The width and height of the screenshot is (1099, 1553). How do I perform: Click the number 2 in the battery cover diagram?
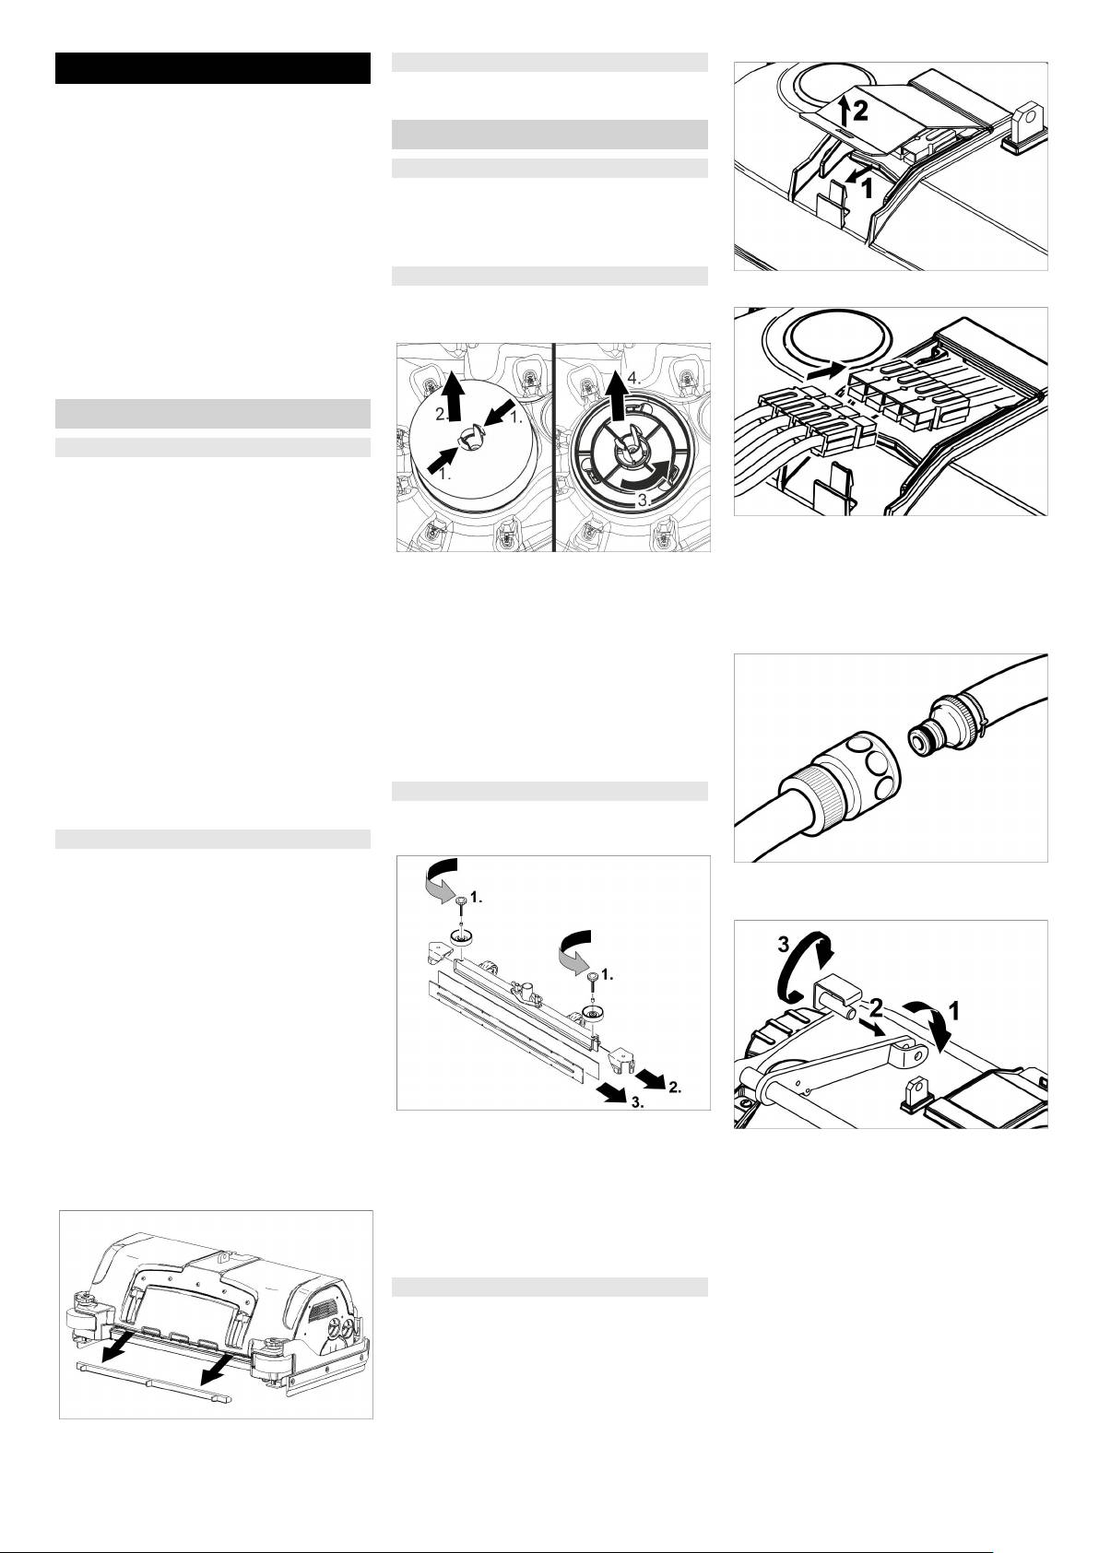click(860, 111)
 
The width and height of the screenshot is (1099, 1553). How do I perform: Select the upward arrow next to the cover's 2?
click(843, 111)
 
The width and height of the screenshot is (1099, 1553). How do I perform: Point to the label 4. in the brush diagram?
click(635, 379)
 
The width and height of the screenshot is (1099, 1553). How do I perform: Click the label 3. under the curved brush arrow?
click(645, 501)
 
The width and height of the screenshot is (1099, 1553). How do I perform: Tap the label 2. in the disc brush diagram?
click(443, 414)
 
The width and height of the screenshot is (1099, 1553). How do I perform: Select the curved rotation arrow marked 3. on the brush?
click(648, 476)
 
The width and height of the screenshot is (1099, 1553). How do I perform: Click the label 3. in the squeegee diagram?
click(636, 1104)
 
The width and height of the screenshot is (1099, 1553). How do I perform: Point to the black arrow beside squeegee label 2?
click(649, 1077)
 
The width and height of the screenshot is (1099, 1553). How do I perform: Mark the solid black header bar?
click(213, 68)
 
